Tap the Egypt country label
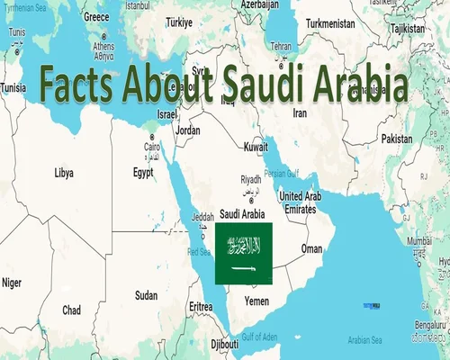tap(143, 171)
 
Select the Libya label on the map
tap(64, 171)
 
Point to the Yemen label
tap(256, 301)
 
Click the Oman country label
tap(311, 247)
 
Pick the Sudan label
tap(146, 294)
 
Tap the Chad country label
tap(72, 310)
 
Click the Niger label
tap(12, 283)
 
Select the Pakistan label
tap(396, 139)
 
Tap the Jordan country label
tap(188, 130)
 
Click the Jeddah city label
tap(202, 216)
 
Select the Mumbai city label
tap(420, 243)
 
